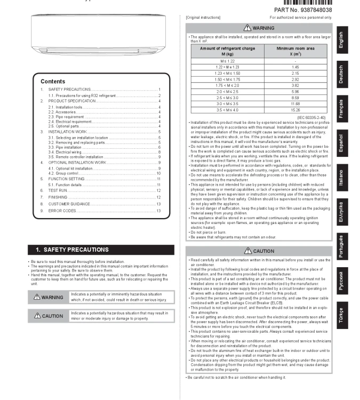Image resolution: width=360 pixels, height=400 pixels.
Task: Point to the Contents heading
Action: tap(53, 82)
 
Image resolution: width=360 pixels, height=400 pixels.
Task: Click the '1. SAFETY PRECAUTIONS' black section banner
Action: tap(101, 249)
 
